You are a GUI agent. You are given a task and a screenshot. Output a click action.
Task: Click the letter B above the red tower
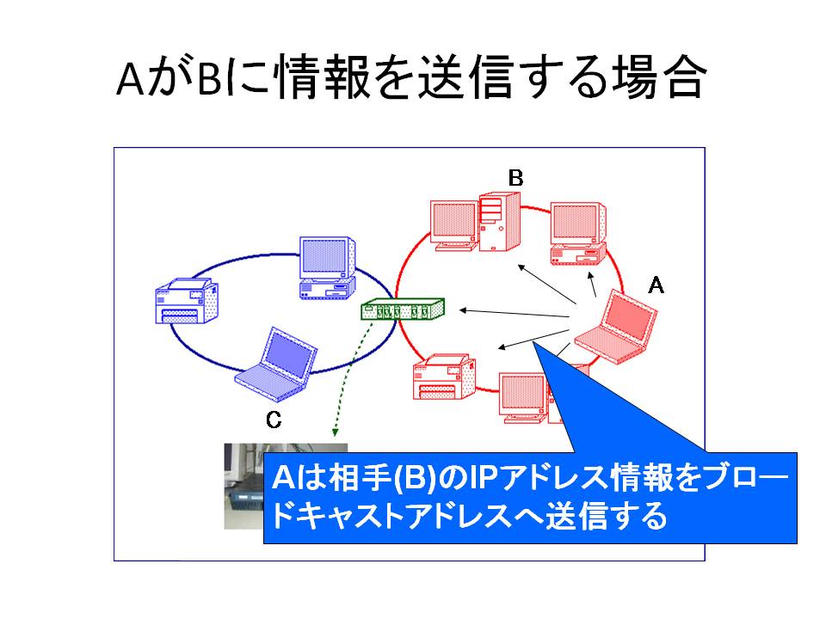pyautogui.click(x=515, y=178)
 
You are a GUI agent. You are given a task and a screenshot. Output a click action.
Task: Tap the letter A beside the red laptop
pyautogui.click(x=656, y=285)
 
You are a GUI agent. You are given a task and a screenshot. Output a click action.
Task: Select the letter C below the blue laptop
pyautogui.click(x=274, y=420)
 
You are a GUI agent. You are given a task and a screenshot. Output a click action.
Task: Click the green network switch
pyautogui.click(x=403, y=309)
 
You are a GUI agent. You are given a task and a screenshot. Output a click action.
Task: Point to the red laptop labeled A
pyautogui.click(x=616, y=328)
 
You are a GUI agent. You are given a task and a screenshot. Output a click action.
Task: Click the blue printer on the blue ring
pyautogui.click(x=187, y=301)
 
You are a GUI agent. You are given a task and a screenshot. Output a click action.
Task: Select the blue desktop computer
pyautogui.click(x=327, y=268)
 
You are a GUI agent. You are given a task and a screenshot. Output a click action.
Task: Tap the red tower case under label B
pyautogui.click(x=499, y=222)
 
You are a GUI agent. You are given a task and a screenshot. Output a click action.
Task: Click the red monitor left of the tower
pyautogui.click(x=454, y=224)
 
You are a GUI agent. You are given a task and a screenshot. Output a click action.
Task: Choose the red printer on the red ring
pyautogui.click(x=444, y=377)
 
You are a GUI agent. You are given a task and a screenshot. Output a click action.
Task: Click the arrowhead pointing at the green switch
pyautogui.click(x=464, y=310)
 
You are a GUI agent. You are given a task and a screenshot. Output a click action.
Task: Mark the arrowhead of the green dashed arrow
pyautogui.click(x=335, y=432)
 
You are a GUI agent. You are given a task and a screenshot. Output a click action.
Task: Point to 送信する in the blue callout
pyautogui.click(x=606, y=516)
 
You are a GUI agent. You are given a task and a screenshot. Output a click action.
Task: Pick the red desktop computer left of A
pyautogui.click(x=578, y=233)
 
